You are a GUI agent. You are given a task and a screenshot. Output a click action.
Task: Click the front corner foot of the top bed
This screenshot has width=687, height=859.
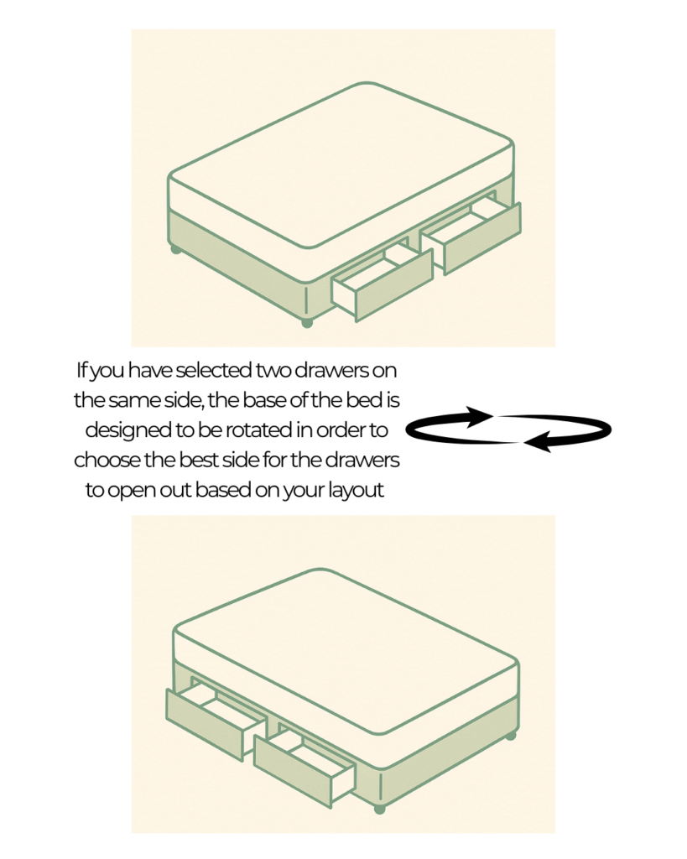[307, 323]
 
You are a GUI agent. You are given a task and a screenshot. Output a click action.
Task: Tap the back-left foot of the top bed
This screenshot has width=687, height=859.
[175, 250]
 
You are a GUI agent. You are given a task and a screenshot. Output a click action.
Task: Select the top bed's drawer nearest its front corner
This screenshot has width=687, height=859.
[383, 282]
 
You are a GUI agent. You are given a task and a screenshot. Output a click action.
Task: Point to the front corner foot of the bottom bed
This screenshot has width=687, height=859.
[380, 808]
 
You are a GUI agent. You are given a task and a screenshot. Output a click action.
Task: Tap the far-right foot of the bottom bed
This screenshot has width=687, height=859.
[511, 735]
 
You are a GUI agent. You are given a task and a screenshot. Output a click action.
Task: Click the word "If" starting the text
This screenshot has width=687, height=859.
[81, 370]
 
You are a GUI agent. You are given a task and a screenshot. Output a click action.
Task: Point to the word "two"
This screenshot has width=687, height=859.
[273, 371]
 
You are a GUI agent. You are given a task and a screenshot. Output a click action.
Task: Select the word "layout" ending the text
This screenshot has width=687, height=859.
[356, 490]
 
